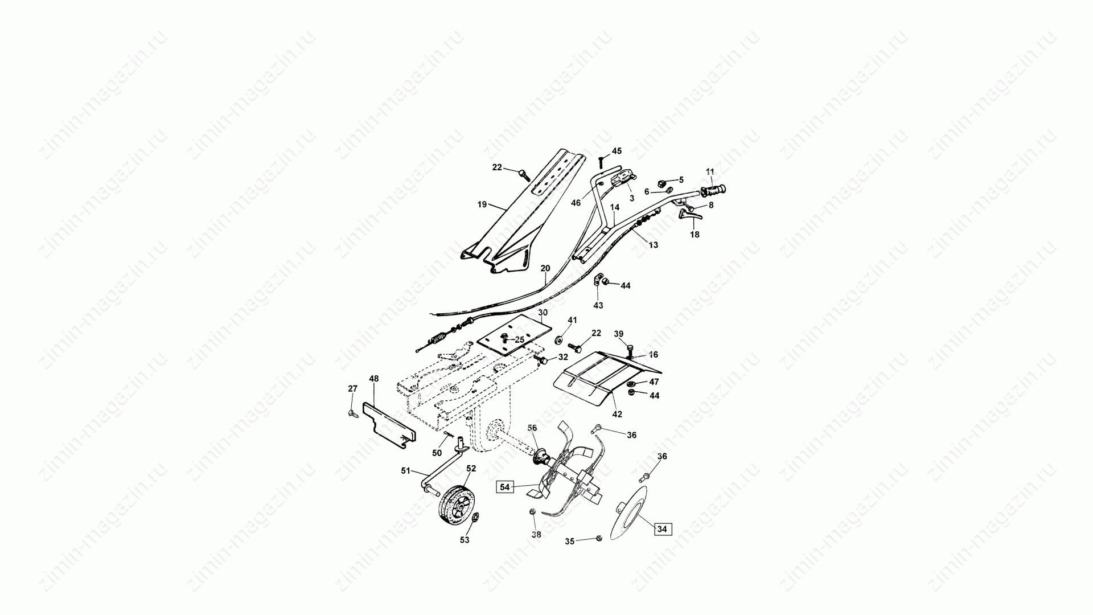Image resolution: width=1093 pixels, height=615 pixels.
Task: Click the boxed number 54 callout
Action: [x=505, y=487]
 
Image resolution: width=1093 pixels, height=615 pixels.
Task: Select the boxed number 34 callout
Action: [x=662, y=529]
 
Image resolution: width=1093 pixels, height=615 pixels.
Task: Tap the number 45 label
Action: [x=617, y=151]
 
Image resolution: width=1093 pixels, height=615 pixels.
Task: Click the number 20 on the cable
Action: [x=545, y=268]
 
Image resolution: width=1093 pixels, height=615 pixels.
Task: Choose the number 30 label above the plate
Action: [x=543, y=313]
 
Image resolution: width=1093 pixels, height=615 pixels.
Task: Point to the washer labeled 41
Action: [x=560, y=341]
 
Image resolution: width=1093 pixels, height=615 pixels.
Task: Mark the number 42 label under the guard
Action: [x=617, y=414]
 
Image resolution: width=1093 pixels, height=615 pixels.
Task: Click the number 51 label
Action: [x=405, y=470]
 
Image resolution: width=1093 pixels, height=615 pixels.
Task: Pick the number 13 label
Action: [x=653, y=245]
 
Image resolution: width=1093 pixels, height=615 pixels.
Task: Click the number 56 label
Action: [x=532, y=428]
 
